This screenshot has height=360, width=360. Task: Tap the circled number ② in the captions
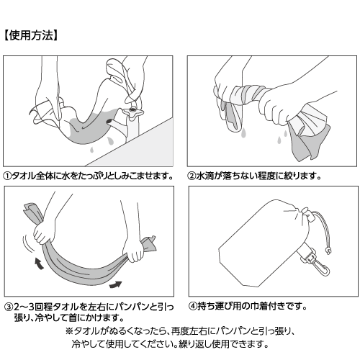pos(193,176)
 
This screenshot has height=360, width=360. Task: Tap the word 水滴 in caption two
pos(207,176)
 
